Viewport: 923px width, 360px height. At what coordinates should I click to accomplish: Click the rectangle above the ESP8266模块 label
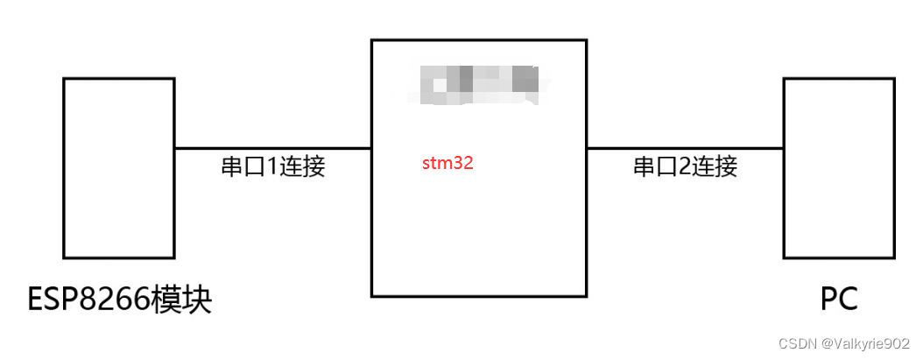coord(119,167)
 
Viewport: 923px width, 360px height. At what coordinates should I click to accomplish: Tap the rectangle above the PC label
coord(839,167)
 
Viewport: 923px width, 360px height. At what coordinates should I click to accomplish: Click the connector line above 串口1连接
coord(272,148)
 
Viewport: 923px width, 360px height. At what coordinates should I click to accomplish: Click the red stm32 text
coord(447,163)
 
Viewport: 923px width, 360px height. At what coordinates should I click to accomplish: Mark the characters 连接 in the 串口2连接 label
coord(715,166)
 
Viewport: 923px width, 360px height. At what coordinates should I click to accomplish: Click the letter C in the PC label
coord(849,300)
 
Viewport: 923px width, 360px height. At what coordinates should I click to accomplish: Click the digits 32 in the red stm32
coord(464,163)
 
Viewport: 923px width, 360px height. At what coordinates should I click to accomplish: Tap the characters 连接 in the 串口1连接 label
coord(302,166)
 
